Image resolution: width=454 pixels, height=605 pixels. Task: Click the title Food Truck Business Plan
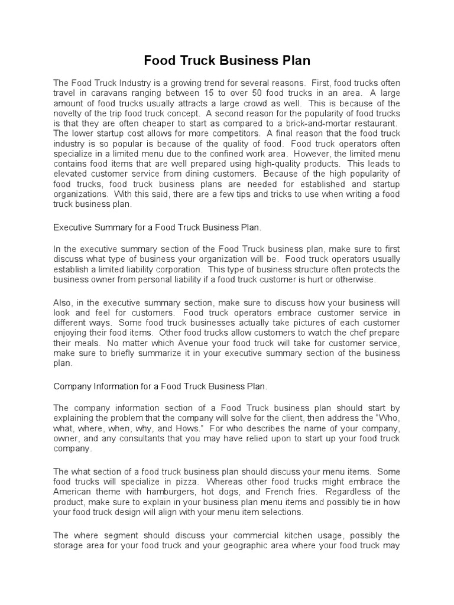pos(227,61)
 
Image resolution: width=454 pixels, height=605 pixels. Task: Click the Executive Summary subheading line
pos(157,226)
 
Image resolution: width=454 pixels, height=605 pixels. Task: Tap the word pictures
pos(294,322)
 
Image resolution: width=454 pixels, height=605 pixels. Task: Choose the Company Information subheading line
pos(160,386)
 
